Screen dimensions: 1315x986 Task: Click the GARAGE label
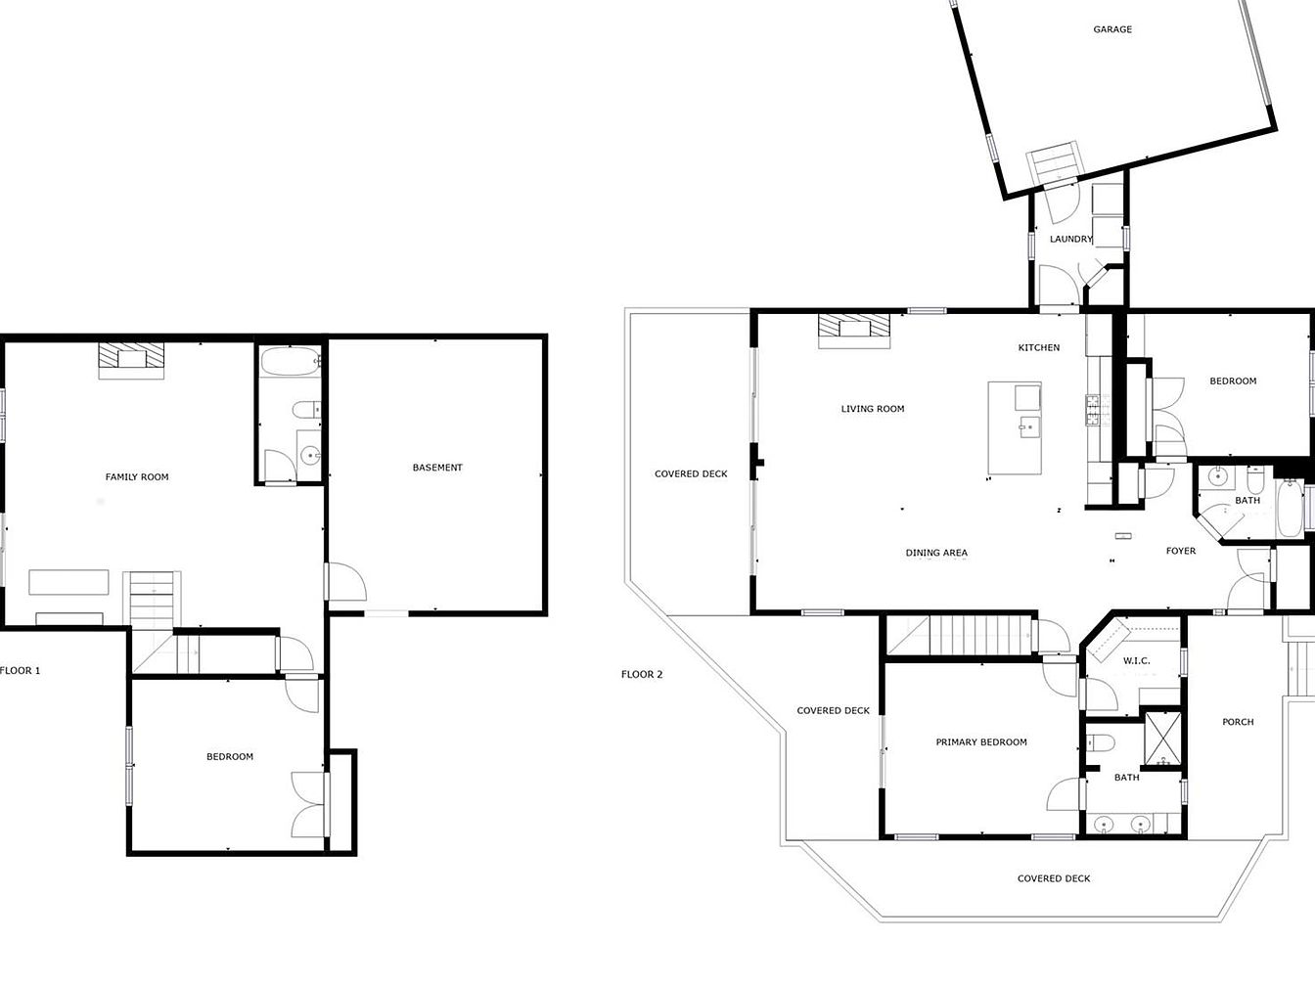coord(1112,28)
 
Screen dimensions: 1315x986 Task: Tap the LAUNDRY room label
coord(1071,239)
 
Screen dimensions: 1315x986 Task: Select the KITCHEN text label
coord(1039,347)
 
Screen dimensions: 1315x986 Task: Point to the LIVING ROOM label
coord(873,409)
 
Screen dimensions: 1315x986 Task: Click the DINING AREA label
coord(936,553)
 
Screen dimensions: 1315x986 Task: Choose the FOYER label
coord(1181,551)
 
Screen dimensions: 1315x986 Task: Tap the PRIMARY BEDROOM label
coord(981,741)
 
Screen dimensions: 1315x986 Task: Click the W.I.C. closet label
coord(1137,661)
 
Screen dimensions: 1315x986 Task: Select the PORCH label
coord(1238,722)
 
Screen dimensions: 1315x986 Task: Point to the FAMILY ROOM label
coord(137,477)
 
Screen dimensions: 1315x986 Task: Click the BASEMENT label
coord(437,468)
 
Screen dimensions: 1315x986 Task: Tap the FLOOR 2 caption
coord(642,674)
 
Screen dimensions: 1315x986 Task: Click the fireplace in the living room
coord(854,330)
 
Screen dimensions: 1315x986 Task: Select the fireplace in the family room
coord(131,360)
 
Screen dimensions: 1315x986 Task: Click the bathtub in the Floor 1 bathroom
coord(291,362)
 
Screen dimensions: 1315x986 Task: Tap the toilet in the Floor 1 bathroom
coord(306,410)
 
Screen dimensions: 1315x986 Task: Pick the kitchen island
coord(1015,428)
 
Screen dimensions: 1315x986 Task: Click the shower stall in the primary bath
coord(1162,739)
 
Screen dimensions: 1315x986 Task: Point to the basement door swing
coord(347,581)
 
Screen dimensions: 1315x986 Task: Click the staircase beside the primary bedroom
coord(960,635)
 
